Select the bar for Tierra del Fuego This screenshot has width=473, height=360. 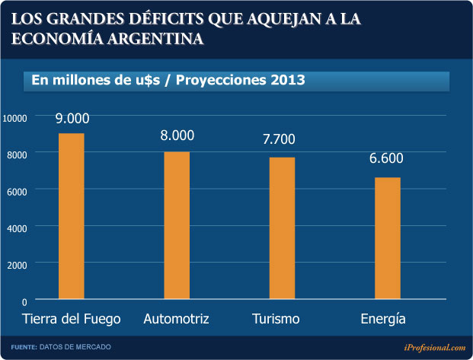(72, 216)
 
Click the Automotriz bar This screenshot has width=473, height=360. (177, 225)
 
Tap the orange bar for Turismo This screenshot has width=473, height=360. (282, 228)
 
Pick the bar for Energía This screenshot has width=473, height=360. (387, 238)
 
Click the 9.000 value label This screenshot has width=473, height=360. (72, 118)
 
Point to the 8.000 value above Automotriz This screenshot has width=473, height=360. (177, 136)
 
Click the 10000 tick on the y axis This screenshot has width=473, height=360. (15, 117)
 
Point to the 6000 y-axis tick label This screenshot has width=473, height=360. (18, 190)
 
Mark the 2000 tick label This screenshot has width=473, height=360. (18, 263)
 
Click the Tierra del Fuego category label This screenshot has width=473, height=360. (72, 317)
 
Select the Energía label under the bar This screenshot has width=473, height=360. (384, 318)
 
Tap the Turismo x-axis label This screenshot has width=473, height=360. (276, 317)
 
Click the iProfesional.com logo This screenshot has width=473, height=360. (434, 347)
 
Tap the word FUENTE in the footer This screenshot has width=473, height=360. (23, 347)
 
